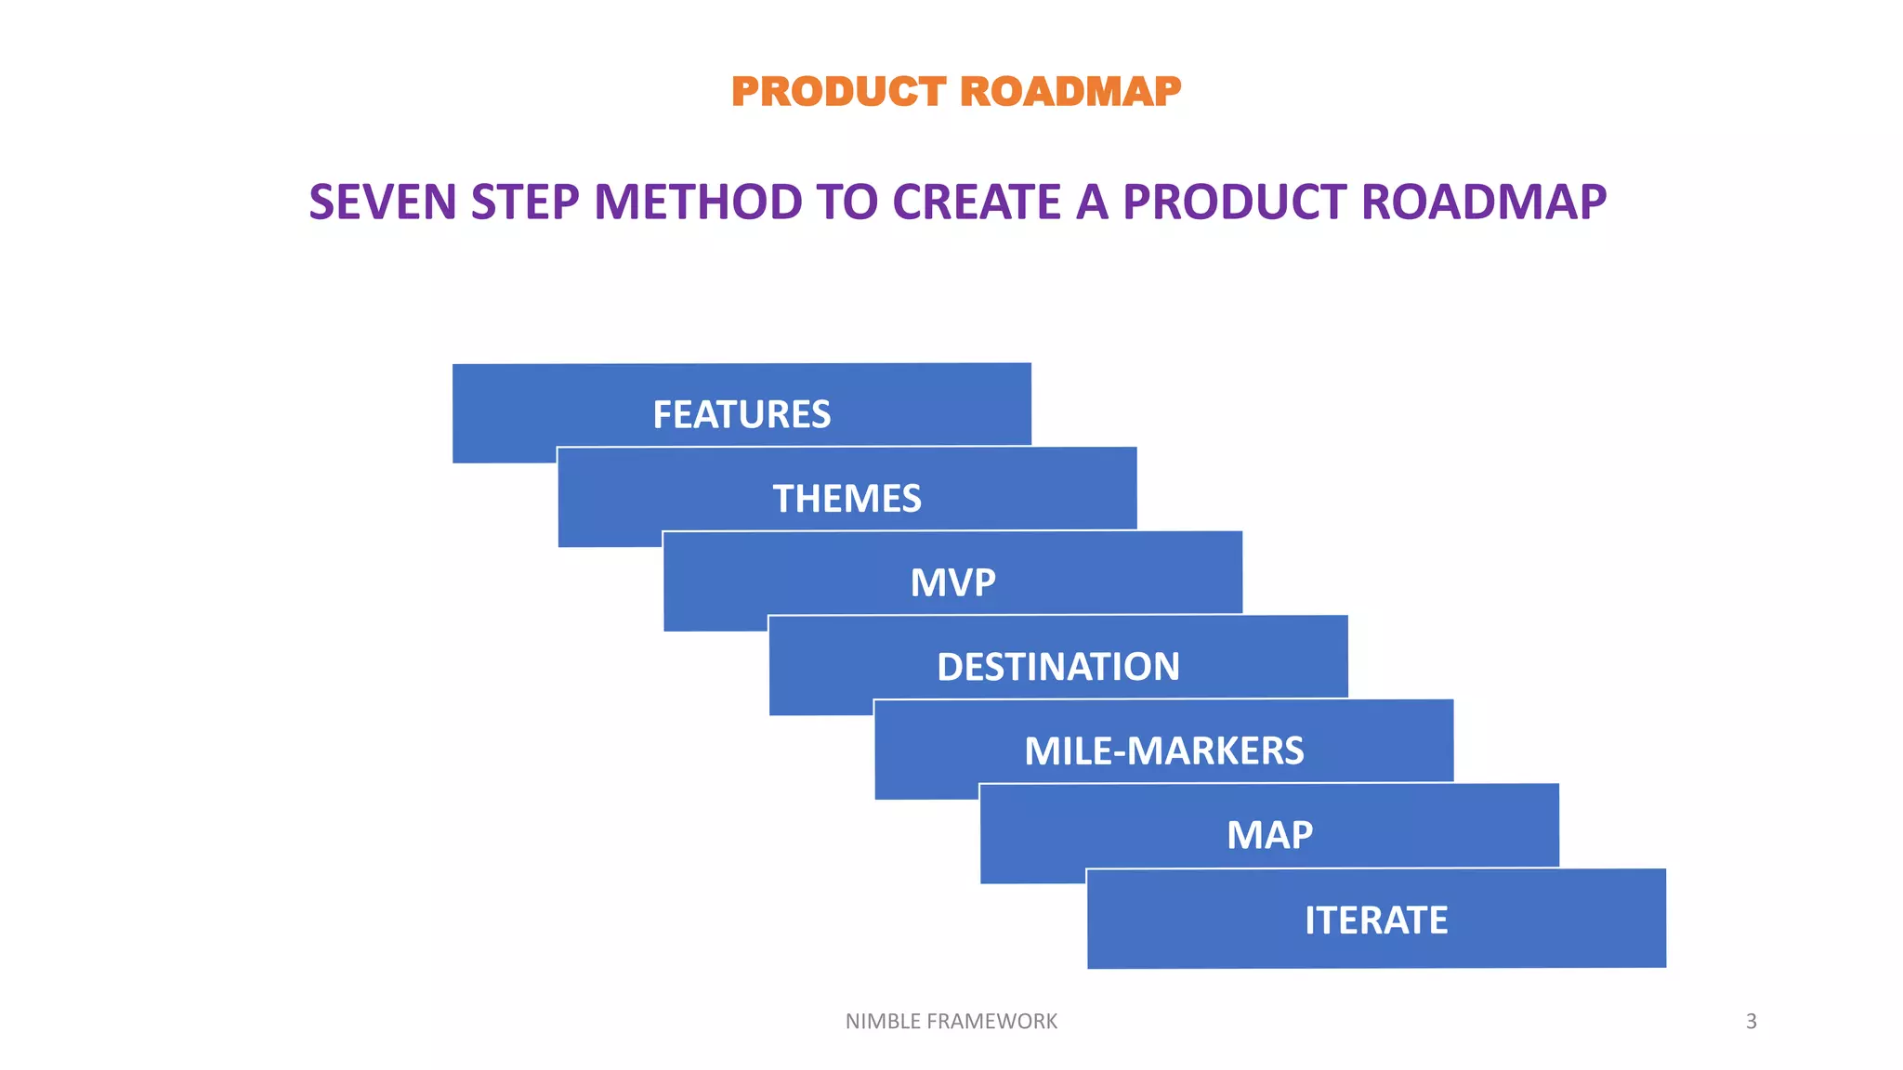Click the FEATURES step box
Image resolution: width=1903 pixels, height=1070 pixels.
point(742,413)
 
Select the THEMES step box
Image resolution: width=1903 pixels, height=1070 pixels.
point(847,498)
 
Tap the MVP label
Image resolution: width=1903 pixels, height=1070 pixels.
point(952,582)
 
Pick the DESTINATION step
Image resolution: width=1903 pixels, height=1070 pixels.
point(1058,666)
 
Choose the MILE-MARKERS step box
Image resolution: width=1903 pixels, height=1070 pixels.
point(1163,750)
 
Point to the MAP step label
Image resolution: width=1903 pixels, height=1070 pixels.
point(1269,835)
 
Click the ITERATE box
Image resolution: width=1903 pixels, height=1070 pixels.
point(1376,920)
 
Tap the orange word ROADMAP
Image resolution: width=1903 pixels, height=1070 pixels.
point(1070,92)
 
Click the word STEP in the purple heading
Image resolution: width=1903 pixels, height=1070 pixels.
point(525,202)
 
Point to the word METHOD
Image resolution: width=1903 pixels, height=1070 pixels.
point(698,202)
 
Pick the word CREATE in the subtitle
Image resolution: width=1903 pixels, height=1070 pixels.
point(977,202)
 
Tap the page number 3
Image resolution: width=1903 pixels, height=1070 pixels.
point(1751,1022)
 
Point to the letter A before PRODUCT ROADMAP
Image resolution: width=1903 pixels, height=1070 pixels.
point(1093,202)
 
